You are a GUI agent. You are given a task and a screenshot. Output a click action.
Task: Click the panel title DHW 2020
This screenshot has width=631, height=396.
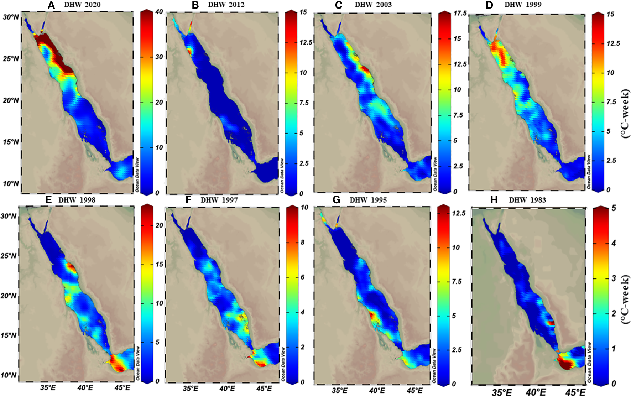coord(82,5)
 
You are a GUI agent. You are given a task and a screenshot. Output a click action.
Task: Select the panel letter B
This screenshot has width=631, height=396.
coord(195,5)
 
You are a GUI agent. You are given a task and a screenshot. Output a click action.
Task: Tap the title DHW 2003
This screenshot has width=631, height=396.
coord(373,5)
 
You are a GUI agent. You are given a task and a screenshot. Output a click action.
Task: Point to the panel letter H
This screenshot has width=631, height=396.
coord(494,200)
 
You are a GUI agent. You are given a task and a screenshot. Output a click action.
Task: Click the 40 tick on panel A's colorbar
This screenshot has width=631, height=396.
coord(159,12)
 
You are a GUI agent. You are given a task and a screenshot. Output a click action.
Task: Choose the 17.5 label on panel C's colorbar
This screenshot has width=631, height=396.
coord(460,14)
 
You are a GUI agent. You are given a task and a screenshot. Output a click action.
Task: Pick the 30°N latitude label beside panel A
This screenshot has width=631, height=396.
coord(11,17)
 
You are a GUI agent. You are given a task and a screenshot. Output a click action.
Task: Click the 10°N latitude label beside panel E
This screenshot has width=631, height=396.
coord(9,375)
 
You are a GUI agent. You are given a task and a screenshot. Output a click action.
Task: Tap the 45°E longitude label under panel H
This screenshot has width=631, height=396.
coord(575,392)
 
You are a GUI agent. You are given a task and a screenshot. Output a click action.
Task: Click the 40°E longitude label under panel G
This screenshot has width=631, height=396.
coord(377,390)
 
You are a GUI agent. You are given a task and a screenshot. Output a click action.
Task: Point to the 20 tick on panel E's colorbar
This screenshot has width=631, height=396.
coord(159,225)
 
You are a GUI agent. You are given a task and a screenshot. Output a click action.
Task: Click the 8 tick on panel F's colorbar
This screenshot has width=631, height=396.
coord(302,242)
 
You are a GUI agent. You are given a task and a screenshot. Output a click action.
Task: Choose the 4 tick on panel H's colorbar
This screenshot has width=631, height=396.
coord(614,243)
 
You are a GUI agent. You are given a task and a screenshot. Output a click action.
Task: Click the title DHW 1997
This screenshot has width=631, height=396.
coord(219,200)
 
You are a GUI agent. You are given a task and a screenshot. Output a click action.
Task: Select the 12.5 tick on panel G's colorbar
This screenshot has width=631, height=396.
coord(458,213)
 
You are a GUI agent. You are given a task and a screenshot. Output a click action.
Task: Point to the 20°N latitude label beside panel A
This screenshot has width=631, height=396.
coord(11,100)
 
